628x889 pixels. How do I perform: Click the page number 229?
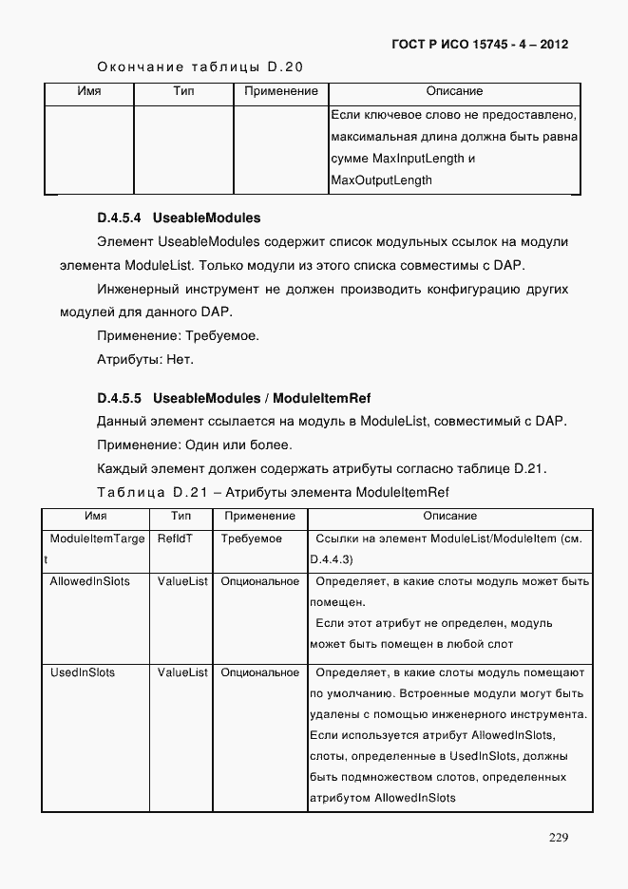(558, 837)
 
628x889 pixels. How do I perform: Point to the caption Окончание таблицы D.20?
(200, 66)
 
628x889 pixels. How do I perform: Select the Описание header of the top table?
(454, 91)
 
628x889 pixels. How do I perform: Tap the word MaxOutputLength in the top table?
(381, 180)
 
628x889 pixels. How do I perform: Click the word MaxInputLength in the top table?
(416, 159)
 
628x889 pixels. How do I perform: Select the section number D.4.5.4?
(120, 218)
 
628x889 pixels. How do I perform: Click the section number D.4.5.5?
(120, 397)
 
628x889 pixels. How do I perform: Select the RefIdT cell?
(175, 539)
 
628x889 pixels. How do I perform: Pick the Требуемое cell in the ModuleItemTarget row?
(251, 539)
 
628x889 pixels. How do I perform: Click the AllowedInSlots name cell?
(89, 580)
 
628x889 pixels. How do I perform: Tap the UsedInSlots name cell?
(82, 672)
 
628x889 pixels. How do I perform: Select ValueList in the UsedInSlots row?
(182, 672)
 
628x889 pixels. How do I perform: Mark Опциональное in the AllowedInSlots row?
(259, 580)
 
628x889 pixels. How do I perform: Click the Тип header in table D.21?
(181, 516)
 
